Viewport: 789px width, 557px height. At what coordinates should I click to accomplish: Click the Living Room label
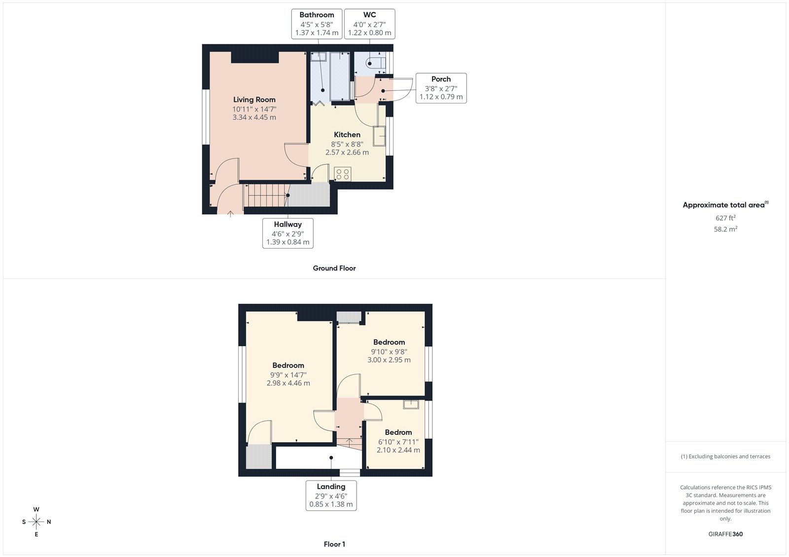254,99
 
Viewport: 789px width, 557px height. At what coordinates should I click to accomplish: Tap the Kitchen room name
347,134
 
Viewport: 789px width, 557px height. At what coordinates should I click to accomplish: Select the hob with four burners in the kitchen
342,174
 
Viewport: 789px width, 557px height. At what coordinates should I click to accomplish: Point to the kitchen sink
379,136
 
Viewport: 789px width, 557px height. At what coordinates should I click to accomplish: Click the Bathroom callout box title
317,15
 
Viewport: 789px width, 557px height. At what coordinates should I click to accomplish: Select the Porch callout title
441,79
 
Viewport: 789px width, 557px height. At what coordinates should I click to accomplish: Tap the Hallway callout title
287,224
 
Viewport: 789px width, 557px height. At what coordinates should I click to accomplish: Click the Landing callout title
331,486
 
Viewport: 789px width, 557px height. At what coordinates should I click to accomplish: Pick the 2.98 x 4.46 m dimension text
288,383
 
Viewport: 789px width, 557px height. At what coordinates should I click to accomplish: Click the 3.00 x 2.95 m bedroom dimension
389,360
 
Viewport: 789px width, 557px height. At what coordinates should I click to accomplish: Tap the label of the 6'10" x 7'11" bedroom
398,432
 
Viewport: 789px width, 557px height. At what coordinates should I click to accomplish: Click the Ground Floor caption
334,268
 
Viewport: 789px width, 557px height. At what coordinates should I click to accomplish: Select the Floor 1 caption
334,544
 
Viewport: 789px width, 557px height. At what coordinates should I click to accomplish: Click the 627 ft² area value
725,218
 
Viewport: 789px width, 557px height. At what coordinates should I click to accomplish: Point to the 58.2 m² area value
725,229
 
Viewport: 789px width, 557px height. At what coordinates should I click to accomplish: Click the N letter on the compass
49,522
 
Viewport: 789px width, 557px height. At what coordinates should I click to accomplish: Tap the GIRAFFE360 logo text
725,534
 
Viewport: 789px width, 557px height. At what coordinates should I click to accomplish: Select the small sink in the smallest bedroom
411,404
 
